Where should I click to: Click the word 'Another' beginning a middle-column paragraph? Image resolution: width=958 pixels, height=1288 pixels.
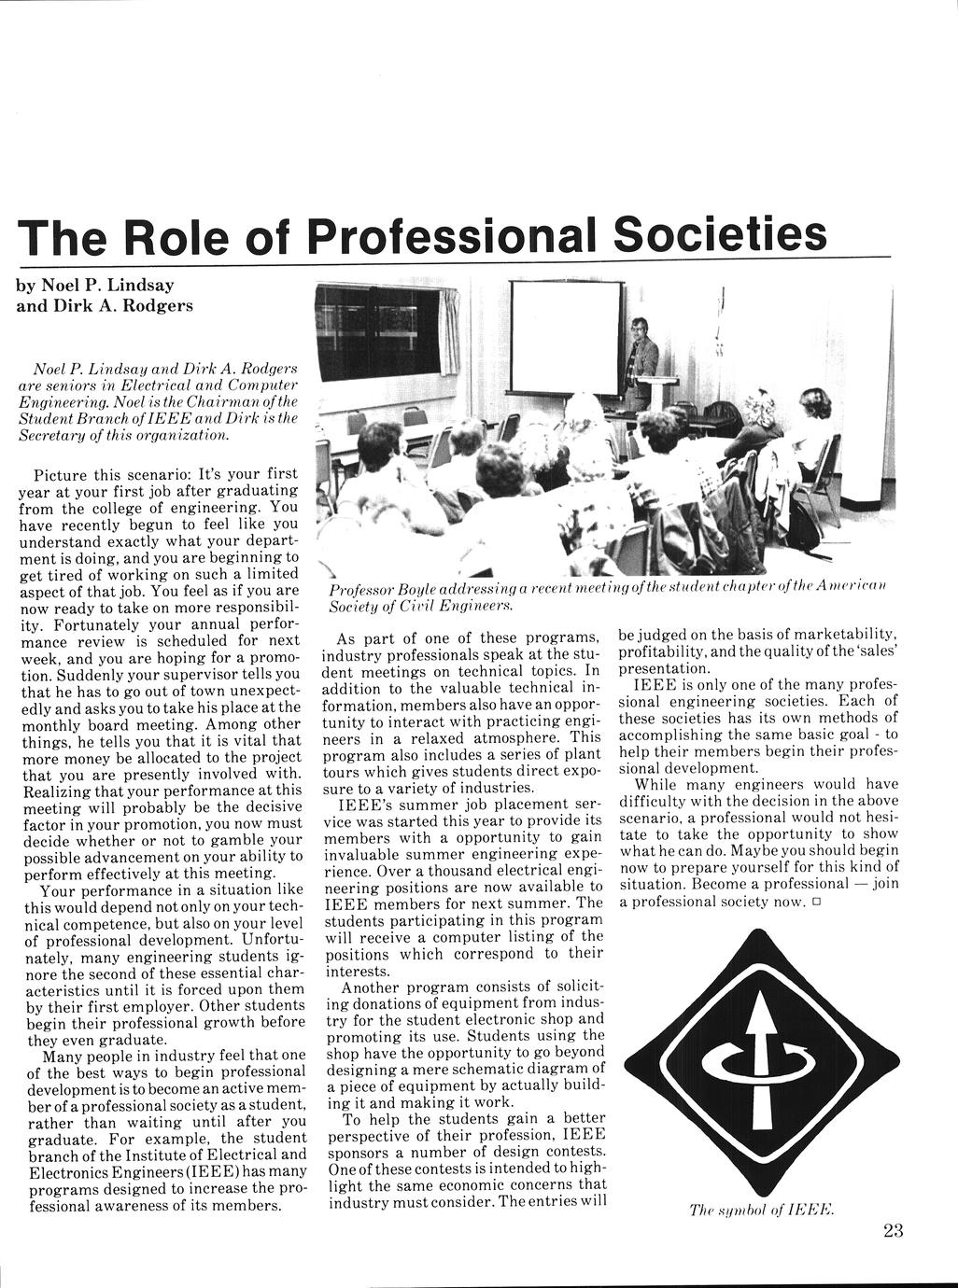point(371,987)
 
